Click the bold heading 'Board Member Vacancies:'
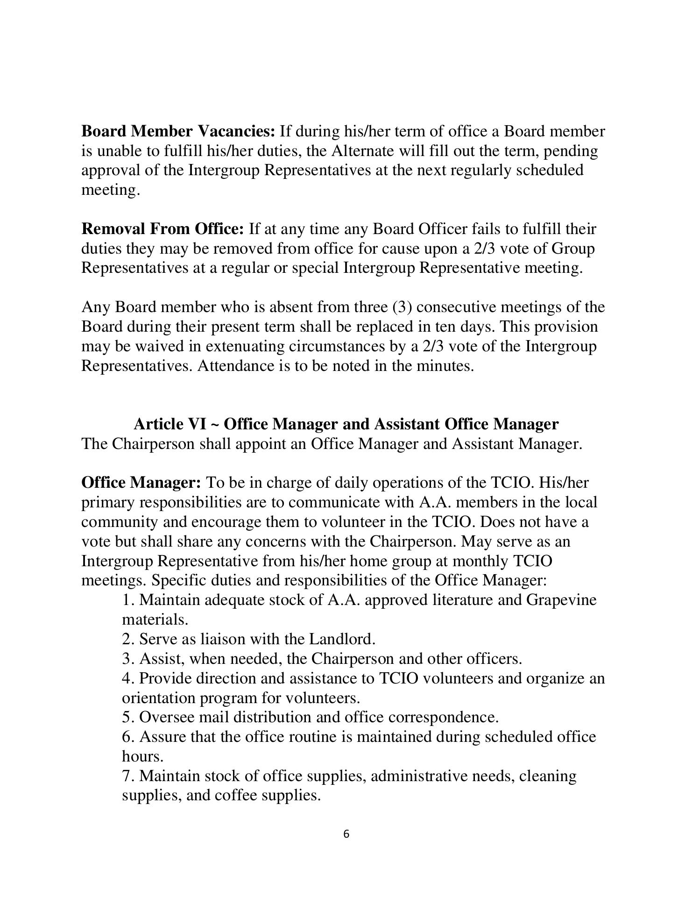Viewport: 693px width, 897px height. coord(178,132)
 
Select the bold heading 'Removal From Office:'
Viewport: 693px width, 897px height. coord(163,229)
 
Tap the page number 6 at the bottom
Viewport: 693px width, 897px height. coord(346,847)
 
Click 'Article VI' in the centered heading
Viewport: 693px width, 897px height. coord(170,424)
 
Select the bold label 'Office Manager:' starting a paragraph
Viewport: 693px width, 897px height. coord(141,483)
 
